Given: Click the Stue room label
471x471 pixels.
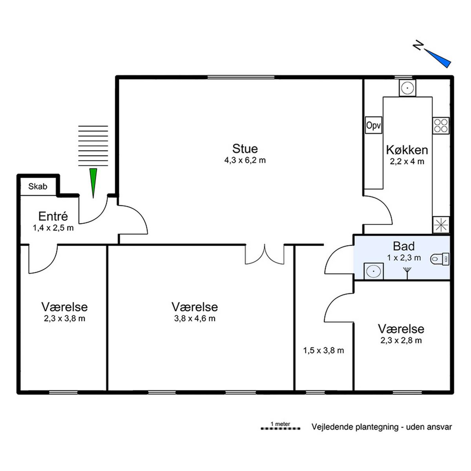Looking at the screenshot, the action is [x=245, y=149].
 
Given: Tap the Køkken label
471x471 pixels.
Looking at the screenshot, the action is [x=407, y=150].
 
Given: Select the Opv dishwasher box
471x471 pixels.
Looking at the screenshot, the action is [x=374, y=125].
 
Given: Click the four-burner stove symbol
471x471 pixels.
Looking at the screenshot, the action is [x=441, y=125].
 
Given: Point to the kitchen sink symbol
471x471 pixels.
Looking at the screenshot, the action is [x=407, y=88].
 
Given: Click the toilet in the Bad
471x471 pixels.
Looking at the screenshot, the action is [x=440, y=259].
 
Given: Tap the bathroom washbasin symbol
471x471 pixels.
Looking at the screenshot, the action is [x=374, y=271].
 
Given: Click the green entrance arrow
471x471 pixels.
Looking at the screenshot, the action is [x=93, y=183].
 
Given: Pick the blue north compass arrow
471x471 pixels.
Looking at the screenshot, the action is [x=438, y=58].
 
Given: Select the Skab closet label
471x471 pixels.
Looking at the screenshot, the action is [x=38, y=186].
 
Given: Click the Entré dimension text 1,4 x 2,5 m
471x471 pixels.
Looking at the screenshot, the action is [x=53, y=228].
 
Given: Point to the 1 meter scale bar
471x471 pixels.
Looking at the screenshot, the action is [x=280, y=435].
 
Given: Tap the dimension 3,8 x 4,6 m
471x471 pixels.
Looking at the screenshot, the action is [x=195, y=318].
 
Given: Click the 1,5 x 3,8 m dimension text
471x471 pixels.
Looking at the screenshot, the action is [x=323, y=351].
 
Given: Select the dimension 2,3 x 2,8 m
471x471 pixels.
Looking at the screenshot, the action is [x=401, y=340].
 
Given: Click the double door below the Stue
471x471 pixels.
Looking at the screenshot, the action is [x=265, y=254].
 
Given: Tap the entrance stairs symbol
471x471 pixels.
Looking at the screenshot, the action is [x=93, y=146].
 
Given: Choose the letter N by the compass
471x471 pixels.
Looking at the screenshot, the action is [x=418, y=45].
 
